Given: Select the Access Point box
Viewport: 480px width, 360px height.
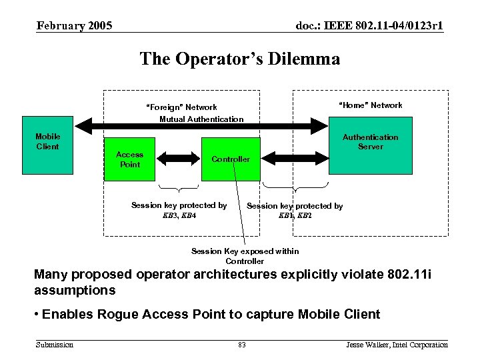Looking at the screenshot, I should pos(129,159).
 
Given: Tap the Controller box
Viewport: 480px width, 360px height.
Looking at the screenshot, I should pos(230,159).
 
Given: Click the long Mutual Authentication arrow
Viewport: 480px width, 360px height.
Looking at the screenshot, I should pos(200,125).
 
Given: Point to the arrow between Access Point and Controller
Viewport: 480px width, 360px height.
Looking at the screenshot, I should pos(178,159).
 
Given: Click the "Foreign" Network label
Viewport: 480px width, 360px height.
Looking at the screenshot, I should pos(181,107).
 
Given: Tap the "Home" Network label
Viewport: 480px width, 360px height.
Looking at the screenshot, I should pos(371,105).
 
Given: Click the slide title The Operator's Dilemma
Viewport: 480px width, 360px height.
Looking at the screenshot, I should pos(240,59).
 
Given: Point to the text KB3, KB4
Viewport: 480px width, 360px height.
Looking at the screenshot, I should pos(179,215).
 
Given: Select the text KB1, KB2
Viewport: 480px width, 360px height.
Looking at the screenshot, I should pos(295,216).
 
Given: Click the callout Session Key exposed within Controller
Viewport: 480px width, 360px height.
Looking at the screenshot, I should pos(245,256).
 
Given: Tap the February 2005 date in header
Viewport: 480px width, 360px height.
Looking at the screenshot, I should pos(75,26).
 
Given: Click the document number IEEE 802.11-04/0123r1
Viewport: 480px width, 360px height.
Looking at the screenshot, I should pos(369,26).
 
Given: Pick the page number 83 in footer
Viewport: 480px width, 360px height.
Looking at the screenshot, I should pos(241,345).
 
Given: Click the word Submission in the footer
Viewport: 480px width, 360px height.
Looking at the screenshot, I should pos(55,345).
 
